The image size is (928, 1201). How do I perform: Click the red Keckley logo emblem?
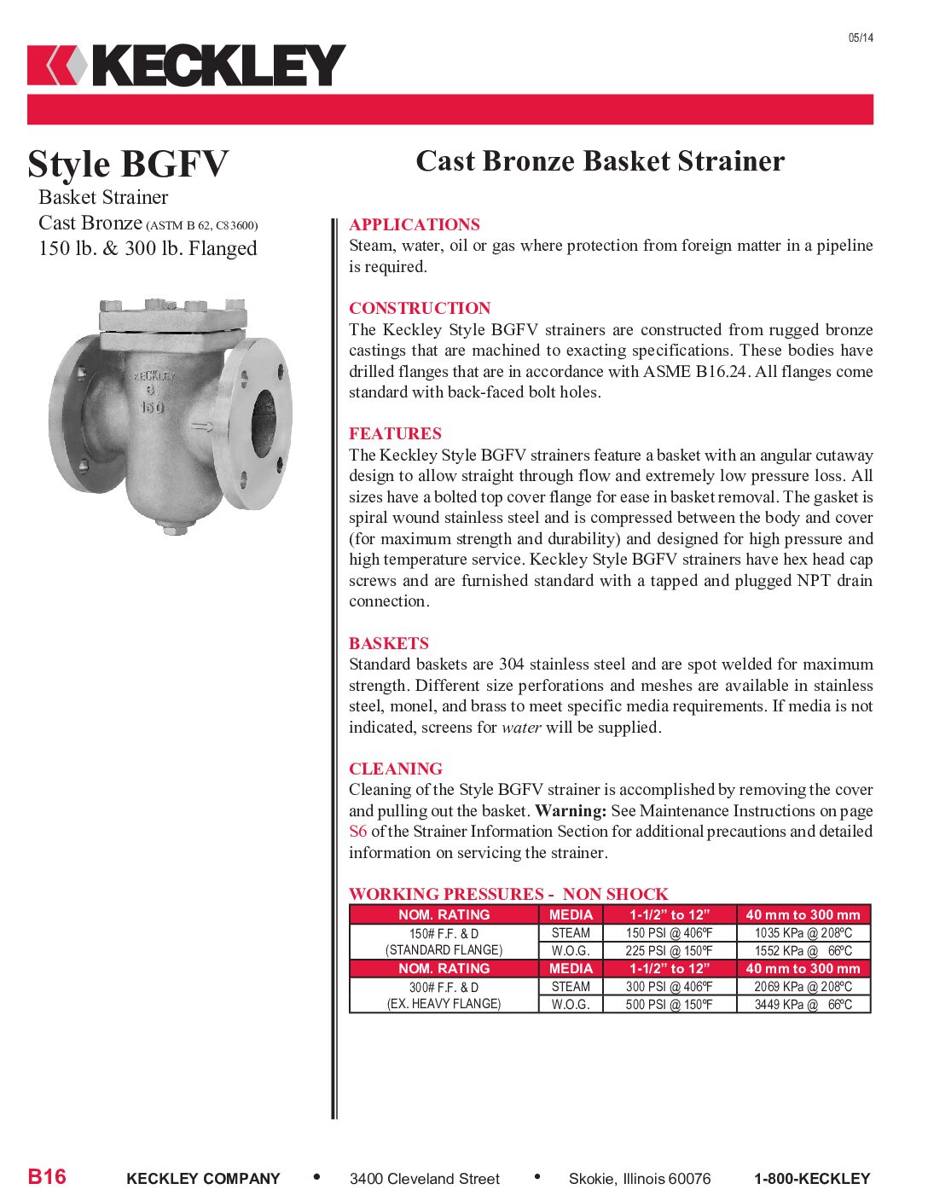56,66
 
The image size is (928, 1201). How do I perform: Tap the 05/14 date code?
860,38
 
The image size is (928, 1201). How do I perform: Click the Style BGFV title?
128,164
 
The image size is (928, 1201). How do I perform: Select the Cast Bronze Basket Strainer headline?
600,161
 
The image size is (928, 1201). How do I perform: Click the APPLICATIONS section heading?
414,224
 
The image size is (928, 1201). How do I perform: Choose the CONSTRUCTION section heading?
420,308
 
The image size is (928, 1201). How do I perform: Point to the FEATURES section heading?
395,433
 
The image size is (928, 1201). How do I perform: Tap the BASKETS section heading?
388,643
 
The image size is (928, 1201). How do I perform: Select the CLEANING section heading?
395,769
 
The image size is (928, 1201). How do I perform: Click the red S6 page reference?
357,832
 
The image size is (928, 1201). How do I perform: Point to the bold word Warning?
571,810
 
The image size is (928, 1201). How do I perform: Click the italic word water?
520,728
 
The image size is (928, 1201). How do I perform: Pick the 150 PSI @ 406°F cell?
669,933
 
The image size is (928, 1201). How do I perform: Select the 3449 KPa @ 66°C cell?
803,1004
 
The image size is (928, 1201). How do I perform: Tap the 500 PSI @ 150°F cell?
669,1004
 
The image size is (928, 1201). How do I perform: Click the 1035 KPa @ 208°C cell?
803,933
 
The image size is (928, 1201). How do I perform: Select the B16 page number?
47,1177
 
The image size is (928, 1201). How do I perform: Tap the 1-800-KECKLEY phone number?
811,1179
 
